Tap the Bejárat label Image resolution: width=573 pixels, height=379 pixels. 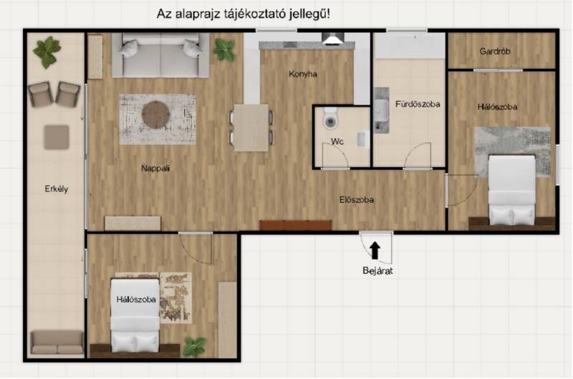pos(377,271)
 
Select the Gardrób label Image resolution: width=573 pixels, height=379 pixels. pos(495,51)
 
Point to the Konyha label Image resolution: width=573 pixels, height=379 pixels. pos(302,75)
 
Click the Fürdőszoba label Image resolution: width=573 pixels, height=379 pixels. pos(418,104)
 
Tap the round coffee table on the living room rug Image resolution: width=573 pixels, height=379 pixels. pos(155,115)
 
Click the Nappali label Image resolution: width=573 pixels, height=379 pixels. pos(155,168)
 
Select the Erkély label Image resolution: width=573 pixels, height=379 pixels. pos(57,189)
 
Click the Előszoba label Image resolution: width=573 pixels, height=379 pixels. pos(356,200)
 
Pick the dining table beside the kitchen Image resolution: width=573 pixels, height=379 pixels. pos(251,128)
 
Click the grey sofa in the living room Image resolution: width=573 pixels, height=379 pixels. pos(160,55)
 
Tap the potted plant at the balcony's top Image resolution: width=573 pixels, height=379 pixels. pos(47,52)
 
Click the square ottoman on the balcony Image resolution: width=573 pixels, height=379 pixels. pos(57,137)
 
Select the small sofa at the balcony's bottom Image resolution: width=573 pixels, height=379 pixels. pos(57,342)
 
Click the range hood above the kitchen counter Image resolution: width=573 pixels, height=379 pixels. pos(333,39)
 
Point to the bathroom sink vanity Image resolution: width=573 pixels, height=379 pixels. pos(381,110)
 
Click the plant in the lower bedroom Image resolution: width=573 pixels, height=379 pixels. pos(194,347)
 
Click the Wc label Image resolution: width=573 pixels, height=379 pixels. pos(337,141)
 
